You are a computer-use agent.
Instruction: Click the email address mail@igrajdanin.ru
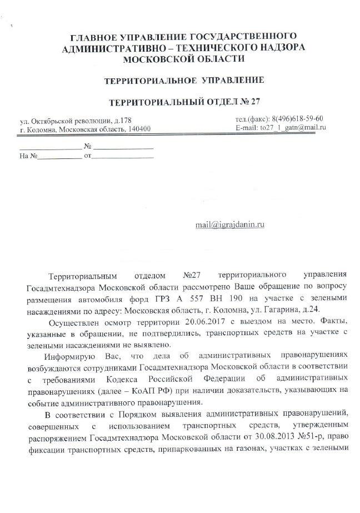point(229,225)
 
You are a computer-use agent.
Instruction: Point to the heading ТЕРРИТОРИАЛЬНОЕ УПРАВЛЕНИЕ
point(184,81)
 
